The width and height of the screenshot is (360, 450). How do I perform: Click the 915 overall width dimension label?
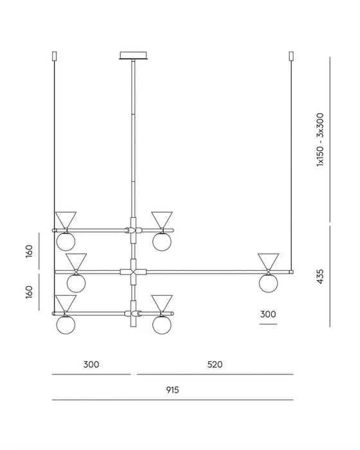[x=172, y=390]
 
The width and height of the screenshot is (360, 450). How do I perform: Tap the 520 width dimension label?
[x=215, y=364]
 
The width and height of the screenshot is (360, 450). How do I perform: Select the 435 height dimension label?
[x=319, y=276]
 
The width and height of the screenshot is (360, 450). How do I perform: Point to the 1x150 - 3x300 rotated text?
[x=319, y=139]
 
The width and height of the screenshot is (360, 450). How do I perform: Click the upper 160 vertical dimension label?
[x=29, y=251]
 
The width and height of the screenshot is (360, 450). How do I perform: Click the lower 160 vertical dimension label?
[x=29, y=292]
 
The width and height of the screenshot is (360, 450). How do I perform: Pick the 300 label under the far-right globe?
[x=268, y=314]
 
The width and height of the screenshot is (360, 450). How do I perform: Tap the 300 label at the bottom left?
[x=91, y=364]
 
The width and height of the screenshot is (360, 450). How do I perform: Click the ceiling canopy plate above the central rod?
[x=133, y=55]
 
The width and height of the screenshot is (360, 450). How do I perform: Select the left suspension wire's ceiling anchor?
[x=54, y=56]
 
